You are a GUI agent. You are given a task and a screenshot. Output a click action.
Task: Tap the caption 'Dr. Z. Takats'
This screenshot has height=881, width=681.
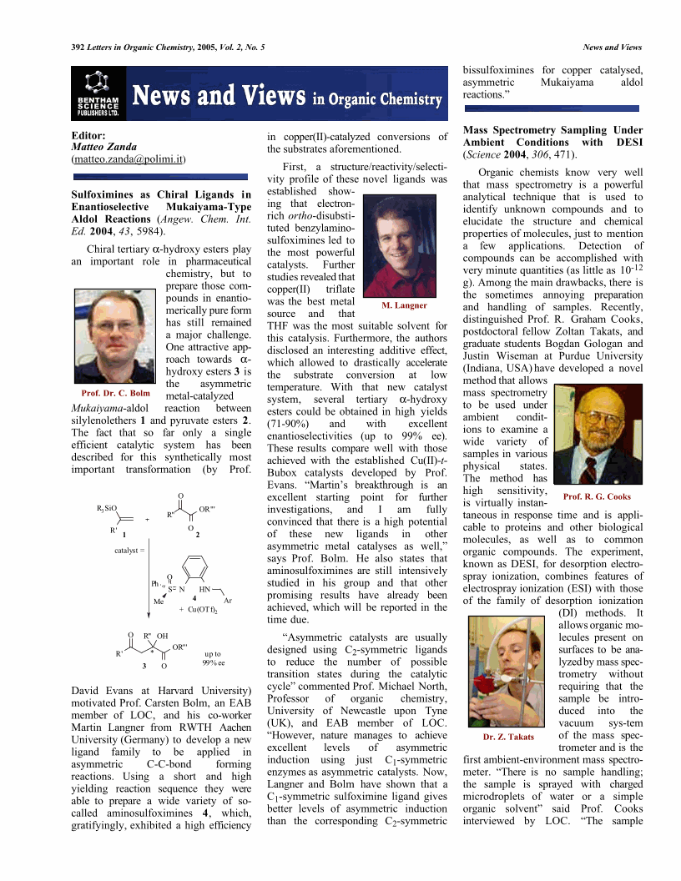tap(508, 737)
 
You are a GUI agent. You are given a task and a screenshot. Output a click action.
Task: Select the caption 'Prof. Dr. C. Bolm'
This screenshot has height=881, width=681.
tap(115, 393)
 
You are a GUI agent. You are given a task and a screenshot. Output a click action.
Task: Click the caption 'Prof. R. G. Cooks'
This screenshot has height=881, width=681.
tap(597, 496)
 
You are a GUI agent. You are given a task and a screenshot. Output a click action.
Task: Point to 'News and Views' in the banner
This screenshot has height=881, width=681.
tap(218, 96)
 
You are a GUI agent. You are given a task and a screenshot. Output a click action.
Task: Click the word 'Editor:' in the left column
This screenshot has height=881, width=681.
tap(88, 134)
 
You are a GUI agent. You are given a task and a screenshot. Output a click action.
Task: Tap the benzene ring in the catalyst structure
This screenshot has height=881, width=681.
tap(199, 568)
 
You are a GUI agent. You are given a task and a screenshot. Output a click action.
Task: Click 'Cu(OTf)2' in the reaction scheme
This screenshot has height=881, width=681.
tap(202, 610)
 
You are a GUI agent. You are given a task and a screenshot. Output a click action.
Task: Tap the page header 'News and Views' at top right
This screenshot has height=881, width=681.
tap(612, 48)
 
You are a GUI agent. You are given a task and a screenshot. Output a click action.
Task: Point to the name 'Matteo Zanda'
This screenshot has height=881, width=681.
tap(99, 146)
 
